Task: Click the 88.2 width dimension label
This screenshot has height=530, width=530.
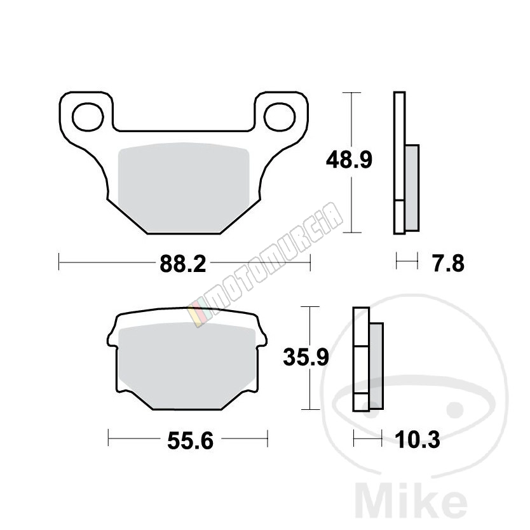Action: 183,264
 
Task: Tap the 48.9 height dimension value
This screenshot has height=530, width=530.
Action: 349,160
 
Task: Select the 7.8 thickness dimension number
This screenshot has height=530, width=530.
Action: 449,264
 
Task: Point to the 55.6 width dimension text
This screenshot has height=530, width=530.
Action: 190,441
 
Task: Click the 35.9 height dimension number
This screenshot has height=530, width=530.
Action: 306,357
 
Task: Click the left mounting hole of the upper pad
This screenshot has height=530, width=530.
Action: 88,117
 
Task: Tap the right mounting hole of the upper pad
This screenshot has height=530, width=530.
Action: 280,117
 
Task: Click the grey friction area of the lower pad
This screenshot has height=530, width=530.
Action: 187,365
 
